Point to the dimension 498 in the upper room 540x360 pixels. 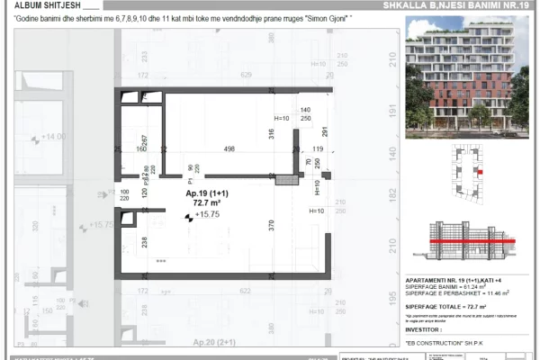[229, 149]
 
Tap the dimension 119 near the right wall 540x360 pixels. [318, 149]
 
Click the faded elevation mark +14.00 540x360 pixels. [54, 137]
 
